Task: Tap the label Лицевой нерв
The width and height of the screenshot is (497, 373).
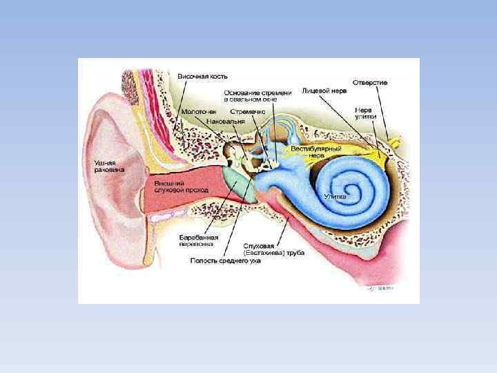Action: pyautogui.click(x=324, y=90)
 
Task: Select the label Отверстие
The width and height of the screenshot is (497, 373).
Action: pyautogui.click(x=370, y=82)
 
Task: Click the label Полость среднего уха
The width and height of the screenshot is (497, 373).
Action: pyautogui.click(x=226, y=261)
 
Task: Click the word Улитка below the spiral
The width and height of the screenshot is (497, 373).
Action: pyautogui.click(x=335, y=196)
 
